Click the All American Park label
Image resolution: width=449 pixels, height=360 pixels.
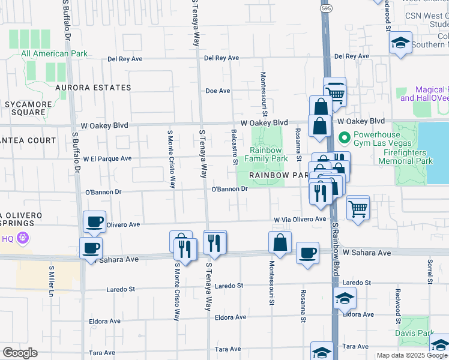(54, 54)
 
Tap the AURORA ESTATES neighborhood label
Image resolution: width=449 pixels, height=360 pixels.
(93, 88)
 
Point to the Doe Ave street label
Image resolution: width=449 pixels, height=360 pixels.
(218, 91)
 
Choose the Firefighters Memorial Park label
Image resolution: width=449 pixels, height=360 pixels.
(416, 157)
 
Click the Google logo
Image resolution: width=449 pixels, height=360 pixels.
(20, 353)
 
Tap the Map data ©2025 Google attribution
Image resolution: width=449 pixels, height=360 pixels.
(412, 355)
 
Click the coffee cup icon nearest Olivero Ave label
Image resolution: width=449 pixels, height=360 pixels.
(95, 221)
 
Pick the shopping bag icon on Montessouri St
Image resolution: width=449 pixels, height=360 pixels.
(280, 242)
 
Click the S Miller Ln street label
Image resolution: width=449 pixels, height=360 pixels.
(52, 281)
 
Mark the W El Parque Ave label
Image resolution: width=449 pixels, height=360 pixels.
(107, 159)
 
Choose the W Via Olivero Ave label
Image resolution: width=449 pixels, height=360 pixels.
(300, 220)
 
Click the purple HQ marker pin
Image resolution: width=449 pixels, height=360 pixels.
(23, 238)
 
